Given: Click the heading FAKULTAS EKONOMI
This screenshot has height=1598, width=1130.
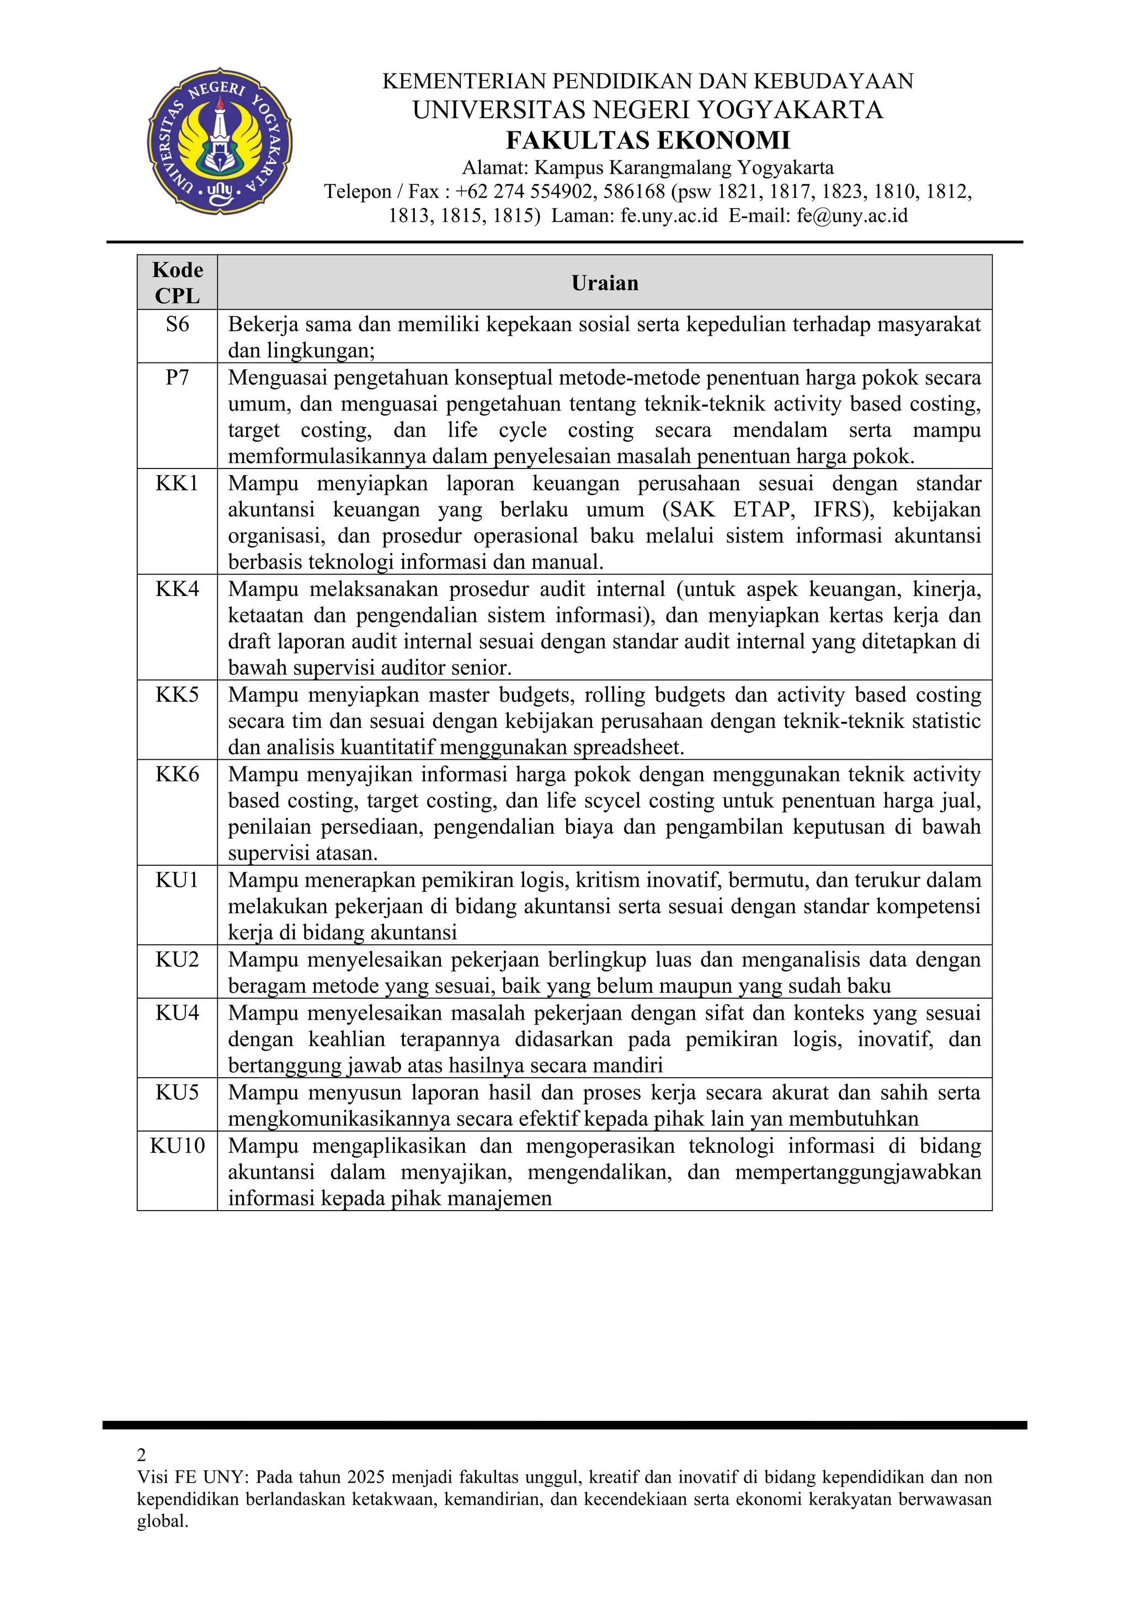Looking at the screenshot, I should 648,140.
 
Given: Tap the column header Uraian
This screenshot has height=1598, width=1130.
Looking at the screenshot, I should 605,283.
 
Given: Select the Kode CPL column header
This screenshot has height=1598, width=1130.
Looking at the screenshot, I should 178,283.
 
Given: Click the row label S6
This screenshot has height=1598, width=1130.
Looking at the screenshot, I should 178,324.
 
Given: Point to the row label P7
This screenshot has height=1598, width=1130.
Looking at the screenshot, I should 178,377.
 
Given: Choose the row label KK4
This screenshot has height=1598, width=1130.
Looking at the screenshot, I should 178,589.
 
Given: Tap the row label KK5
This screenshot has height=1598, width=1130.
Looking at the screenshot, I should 178,695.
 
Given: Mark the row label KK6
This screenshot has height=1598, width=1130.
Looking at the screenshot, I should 178,774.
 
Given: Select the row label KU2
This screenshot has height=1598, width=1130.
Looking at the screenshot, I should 178,959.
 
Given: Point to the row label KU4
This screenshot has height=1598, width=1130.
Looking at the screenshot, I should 178,1013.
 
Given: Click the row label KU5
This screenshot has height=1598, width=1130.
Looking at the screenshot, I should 178,1092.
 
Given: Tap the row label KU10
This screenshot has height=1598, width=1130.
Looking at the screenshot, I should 178,1146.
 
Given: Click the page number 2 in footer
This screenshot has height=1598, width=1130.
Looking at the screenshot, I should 142,1455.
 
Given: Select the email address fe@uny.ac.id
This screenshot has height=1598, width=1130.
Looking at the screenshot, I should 852,215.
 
